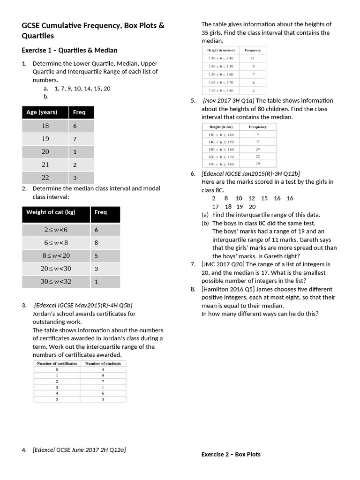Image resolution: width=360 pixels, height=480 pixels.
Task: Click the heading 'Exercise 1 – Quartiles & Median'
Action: click(69, 50)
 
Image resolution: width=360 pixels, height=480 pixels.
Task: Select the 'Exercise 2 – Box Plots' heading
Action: click(231, 454)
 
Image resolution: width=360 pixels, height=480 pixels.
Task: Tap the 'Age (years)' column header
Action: click(42, 112)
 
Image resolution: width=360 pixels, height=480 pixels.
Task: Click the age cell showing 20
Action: click(45, 152)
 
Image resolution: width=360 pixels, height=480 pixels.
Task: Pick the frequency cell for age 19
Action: click(75, 139)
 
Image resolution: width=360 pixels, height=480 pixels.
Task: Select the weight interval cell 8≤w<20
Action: click(56, 256)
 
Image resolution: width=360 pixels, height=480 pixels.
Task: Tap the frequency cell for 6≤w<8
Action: click(97, 243)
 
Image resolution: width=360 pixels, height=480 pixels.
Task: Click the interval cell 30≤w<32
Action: click(56, 282)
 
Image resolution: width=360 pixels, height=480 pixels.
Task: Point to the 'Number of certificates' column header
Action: click(57, 363)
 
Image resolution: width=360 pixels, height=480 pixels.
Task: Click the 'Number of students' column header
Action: click(103, 363)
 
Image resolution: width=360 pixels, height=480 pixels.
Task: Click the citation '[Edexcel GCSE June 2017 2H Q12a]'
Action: click(79, 450)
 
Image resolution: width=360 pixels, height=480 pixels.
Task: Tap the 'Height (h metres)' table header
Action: click(220, 50)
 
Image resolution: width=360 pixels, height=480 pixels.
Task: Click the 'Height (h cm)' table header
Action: click(220, 127)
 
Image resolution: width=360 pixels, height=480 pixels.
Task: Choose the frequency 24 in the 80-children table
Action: click(257, 149)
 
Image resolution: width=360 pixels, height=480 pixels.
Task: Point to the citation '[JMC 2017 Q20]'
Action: click(223, 264)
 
